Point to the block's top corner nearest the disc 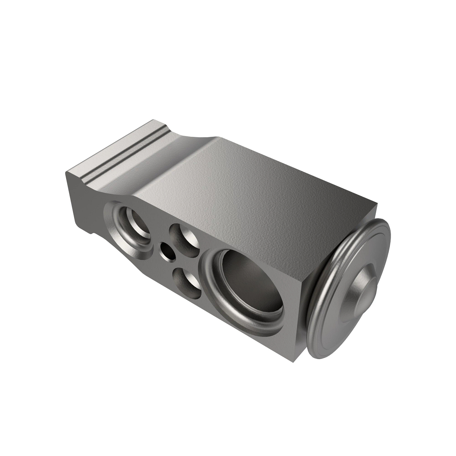[378, 205]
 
